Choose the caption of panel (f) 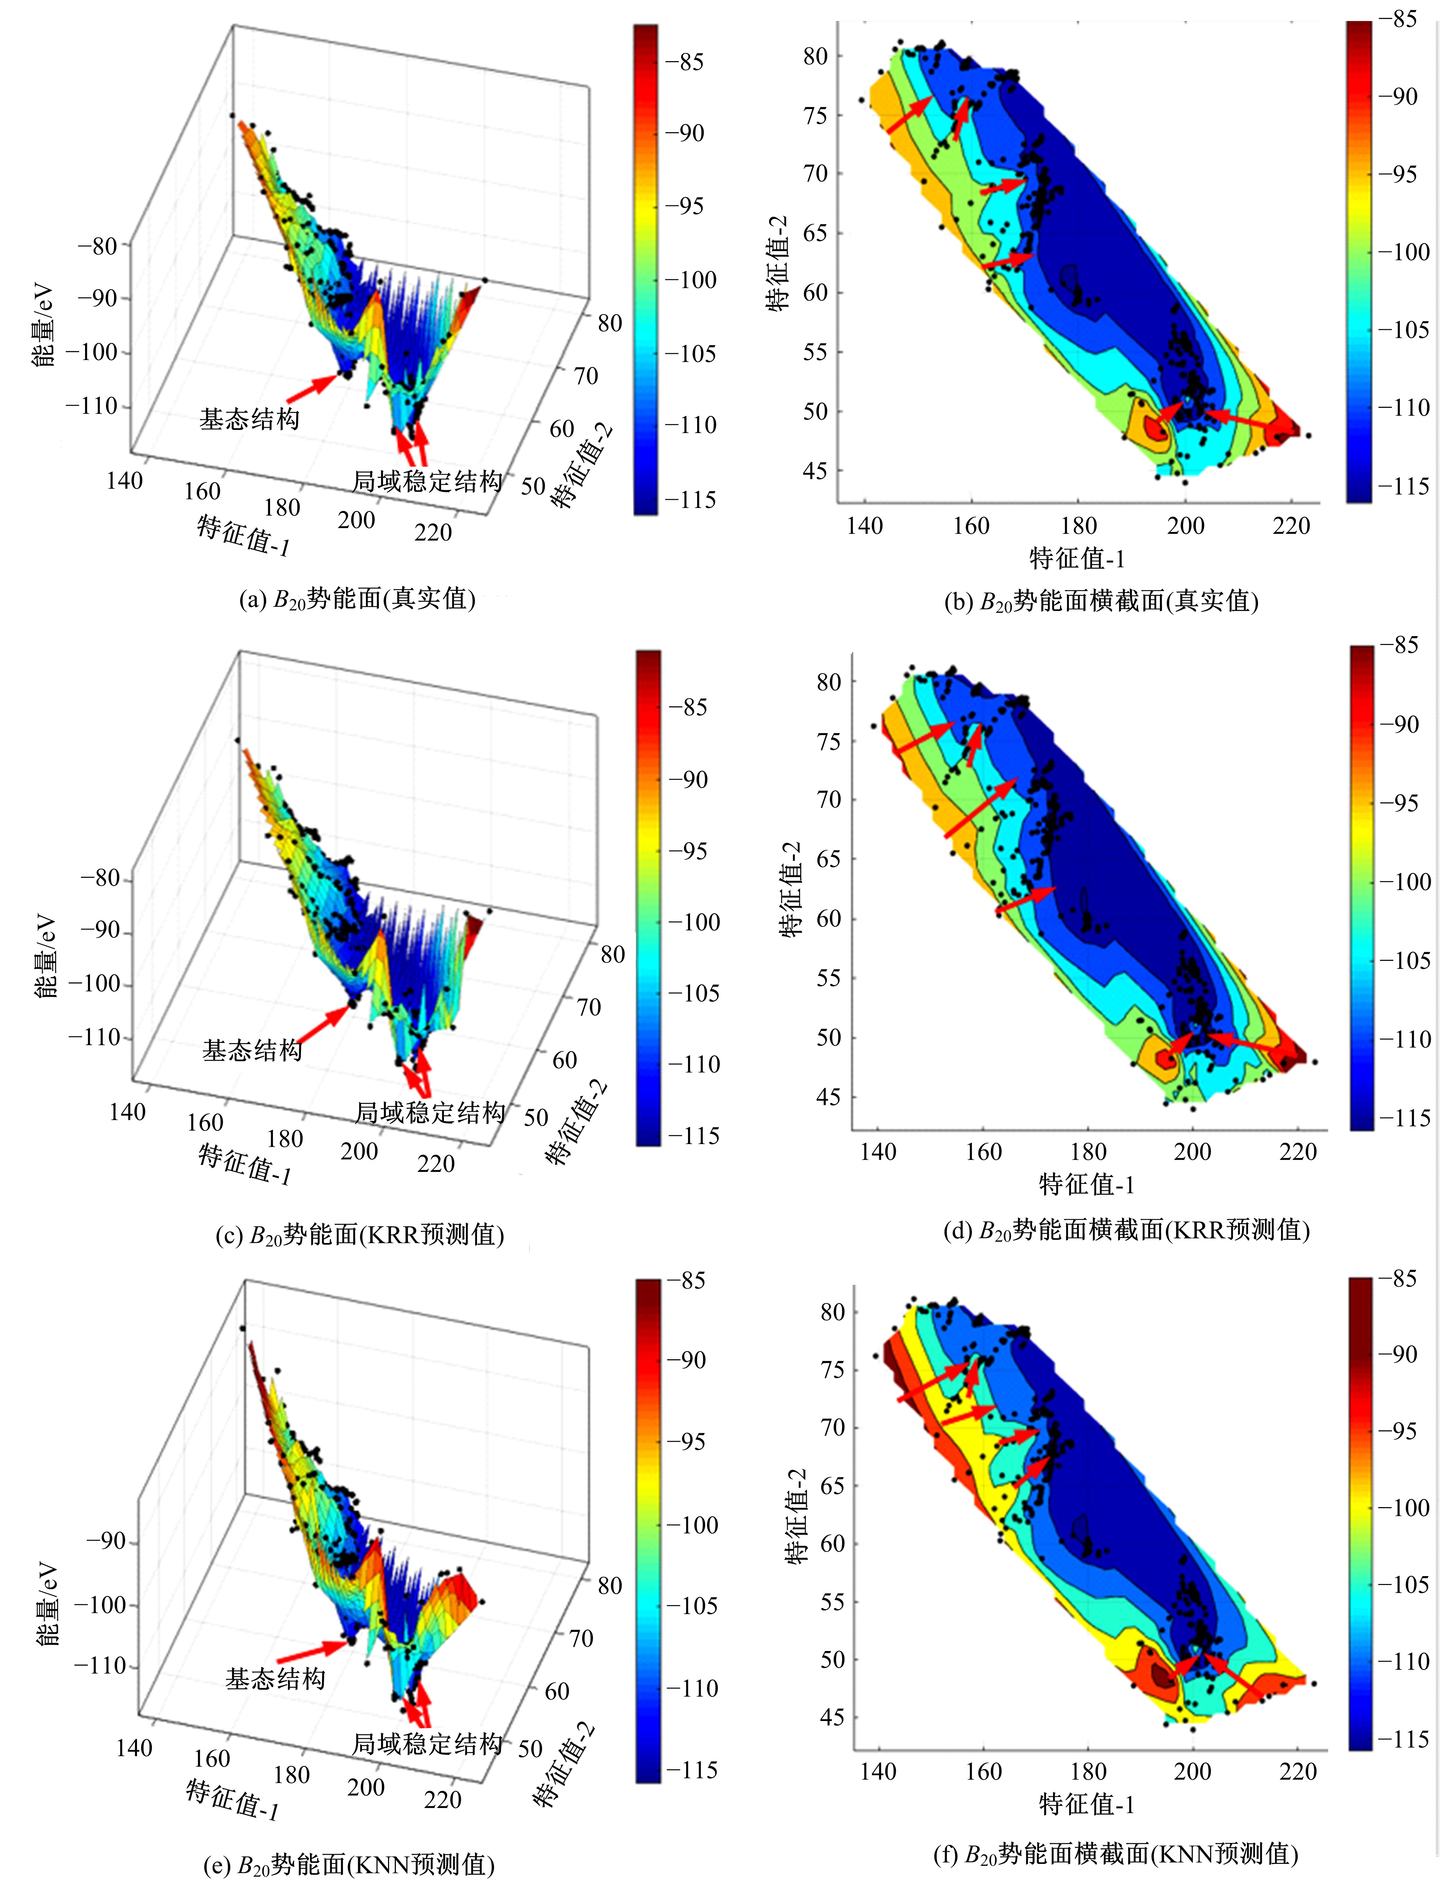[1115, 1854]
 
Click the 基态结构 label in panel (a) [249, 419]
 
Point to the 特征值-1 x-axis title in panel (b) [1077, 559]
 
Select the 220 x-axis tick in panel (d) [1298, 1152]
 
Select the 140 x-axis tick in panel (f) [878, 1771]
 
